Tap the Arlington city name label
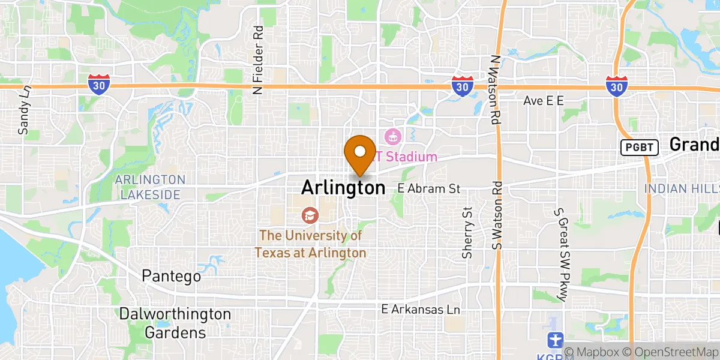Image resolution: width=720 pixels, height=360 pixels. point(343,188)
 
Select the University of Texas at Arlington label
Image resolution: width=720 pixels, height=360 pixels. point(310,244)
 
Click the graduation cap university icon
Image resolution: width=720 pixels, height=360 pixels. point(310,214)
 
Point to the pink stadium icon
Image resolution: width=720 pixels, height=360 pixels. point(394,137)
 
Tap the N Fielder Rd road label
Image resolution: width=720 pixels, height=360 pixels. point(258,60)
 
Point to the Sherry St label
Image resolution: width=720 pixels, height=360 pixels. point(468,233)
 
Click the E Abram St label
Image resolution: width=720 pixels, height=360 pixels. point(429,188)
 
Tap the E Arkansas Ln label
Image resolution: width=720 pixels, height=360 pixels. point(421,310)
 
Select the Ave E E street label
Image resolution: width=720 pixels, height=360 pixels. point(544,101)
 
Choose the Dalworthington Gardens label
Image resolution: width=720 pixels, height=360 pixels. point(175,323)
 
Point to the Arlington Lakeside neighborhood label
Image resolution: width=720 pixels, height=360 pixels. point(150,187)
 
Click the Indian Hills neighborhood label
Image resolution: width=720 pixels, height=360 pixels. point(682,188)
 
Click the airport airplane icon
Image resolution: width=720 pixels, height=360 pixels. point(556,340)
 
